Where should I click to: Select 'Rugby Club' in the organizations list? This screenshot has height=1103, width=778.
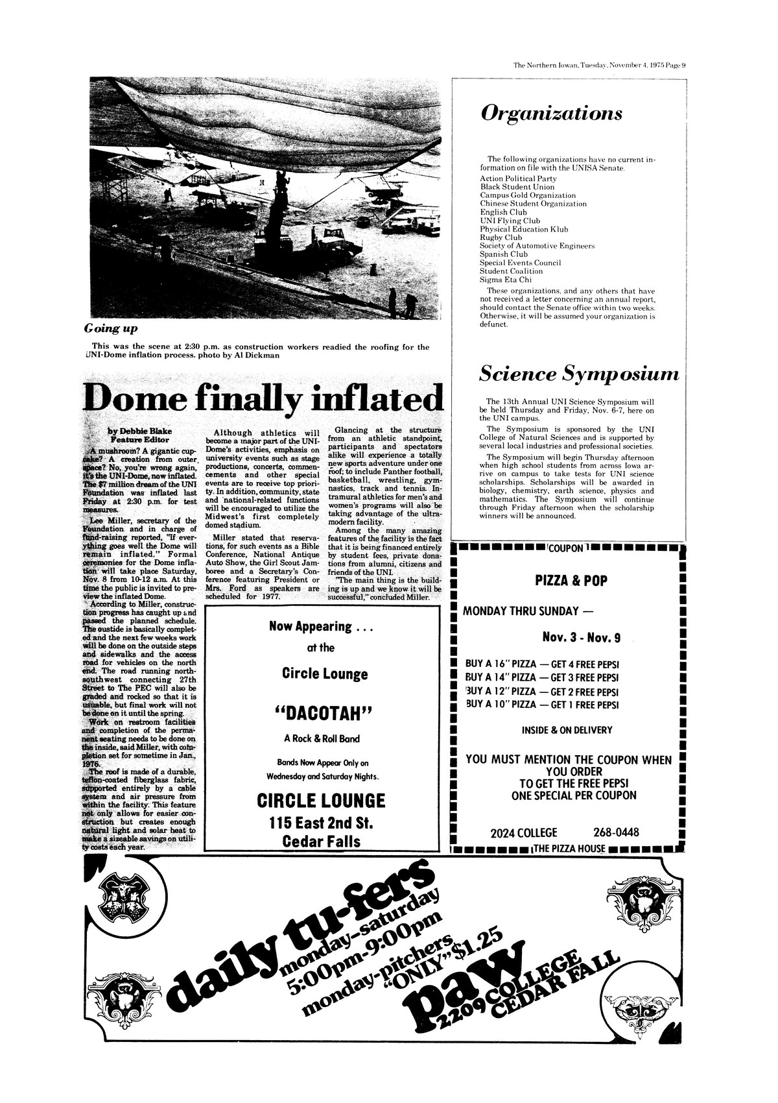tap(501, 237)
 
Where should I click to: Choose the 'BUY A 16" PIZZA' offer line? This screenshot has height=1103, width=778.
tap(541, 664)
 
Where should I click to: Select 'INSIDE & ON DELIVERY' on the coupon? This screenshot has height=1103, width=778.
tap(567, 731)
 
